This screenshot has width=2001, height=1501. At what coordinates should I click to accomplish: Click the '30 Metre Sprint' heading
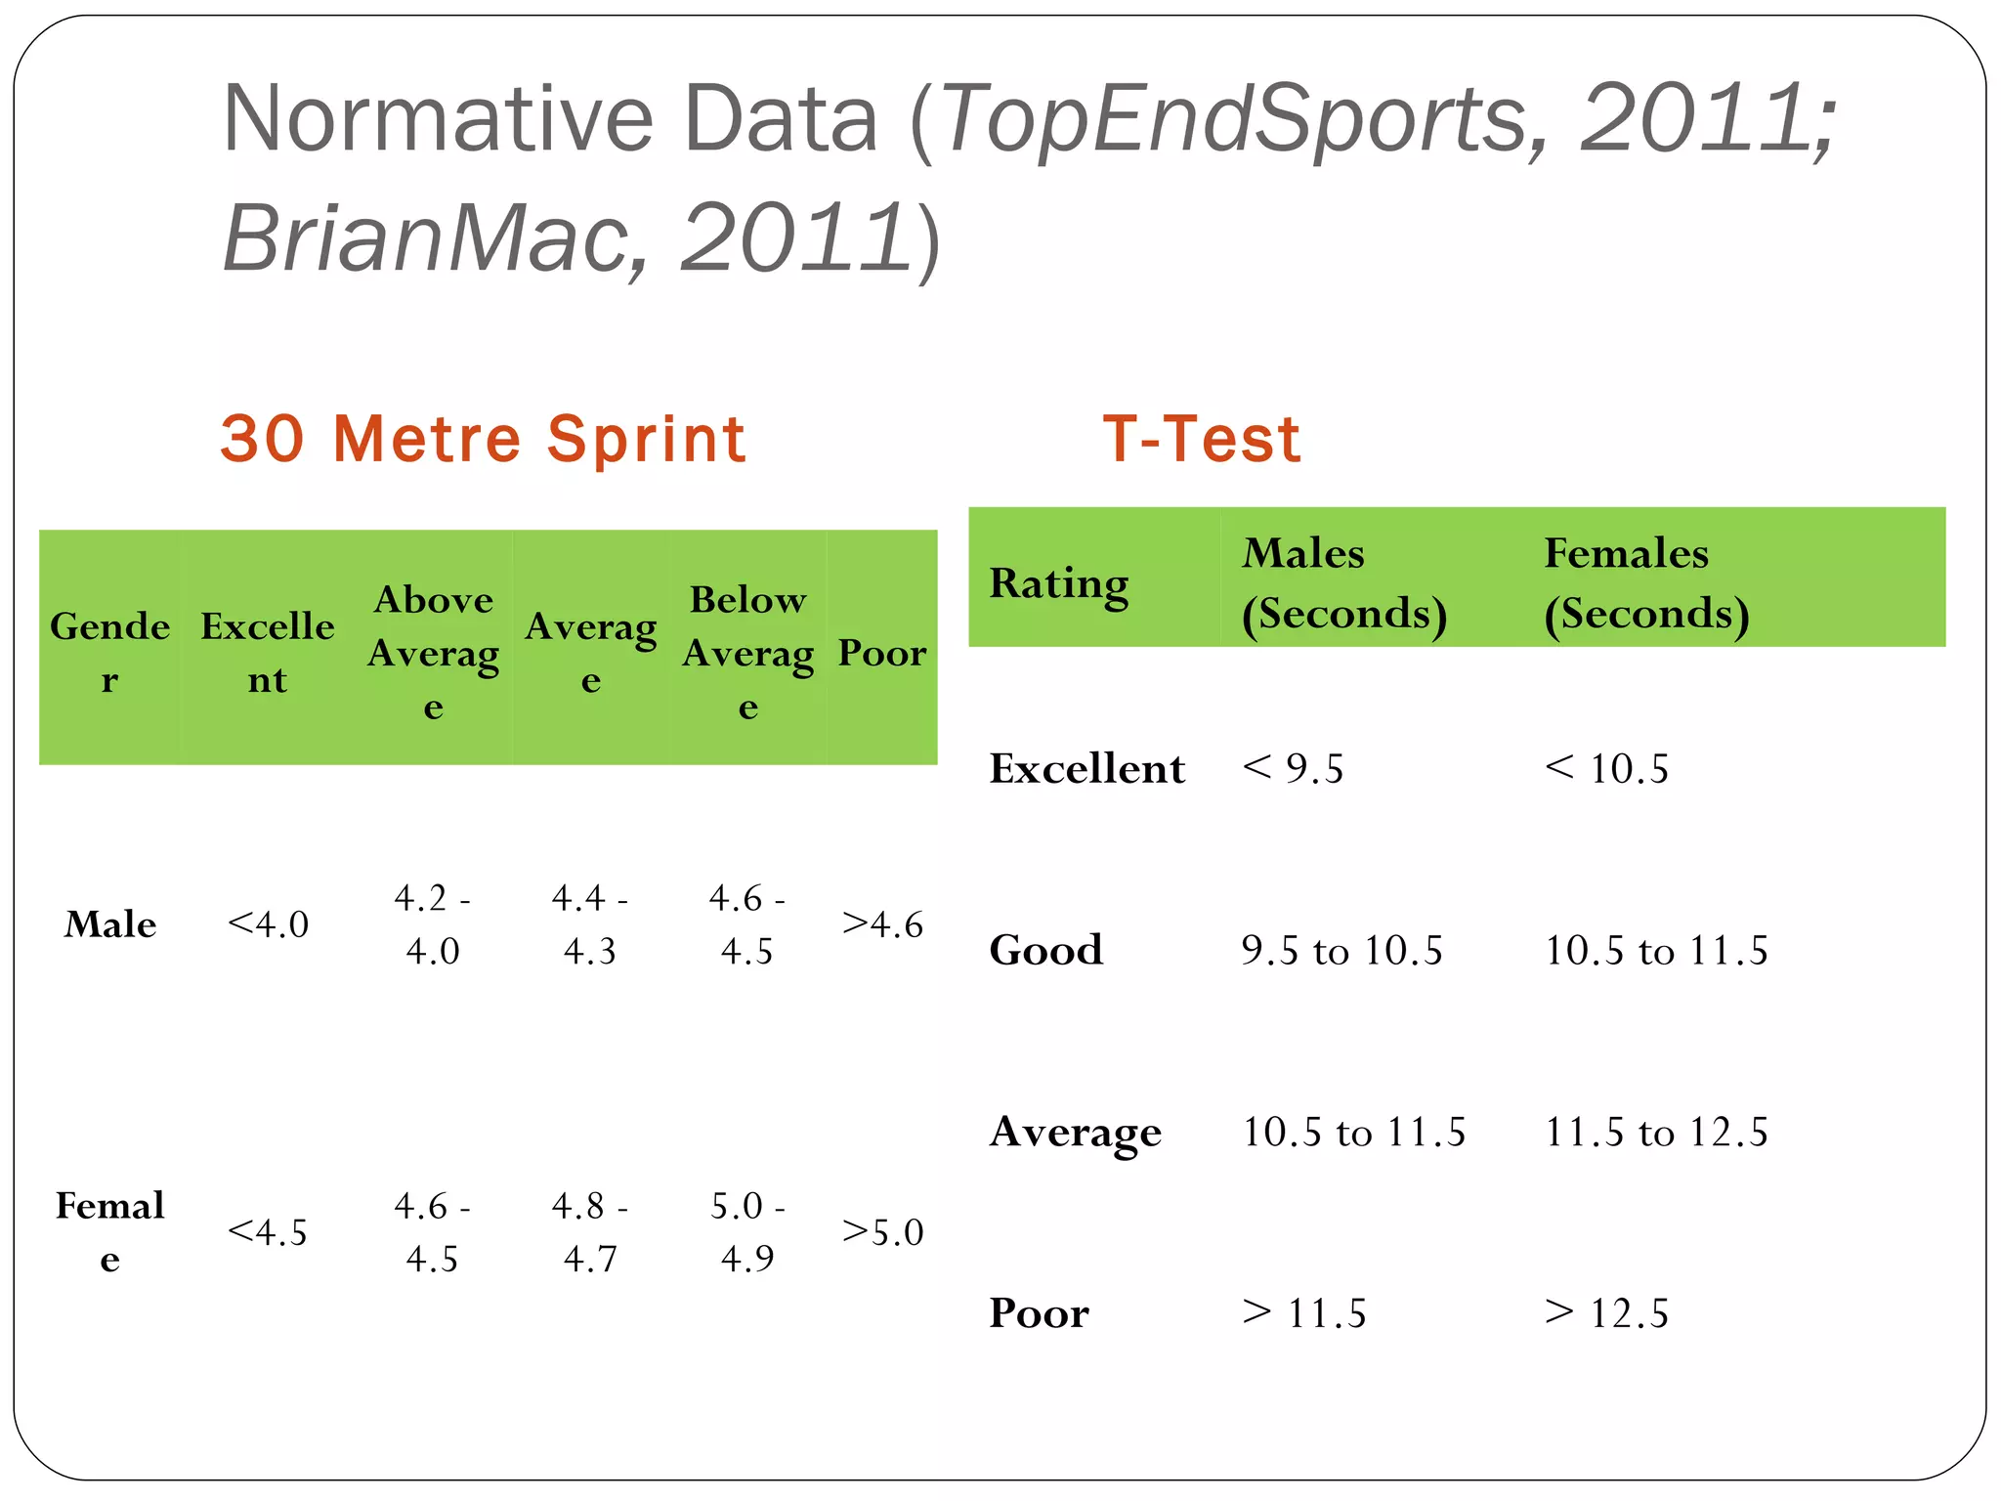pos(483,439)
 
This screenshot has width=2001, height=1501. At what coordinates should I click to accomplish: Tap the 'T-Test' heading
pos(1201,439)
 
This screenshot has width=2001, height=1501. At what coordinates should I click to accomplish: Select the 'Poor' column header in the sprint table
pos(881,653)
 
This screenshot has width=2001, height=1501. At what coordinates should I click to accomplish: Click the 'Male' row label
pos(110,924)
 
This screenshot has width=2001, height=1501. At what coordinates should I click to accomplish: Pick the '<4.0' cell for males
pos(268,924)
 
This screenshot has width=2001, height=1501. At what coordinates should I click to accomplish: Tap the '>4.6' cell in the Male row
pos(881,924)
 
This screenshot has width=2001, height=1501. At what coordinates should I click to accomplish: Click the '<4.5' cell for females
pos(268,1232)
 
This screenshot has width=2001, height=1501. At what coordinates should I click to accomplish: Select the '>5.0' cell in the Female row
pos(881,1232)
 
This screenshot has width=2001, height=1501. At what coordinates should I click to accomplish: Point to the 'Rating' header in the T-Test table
pos(1059,583)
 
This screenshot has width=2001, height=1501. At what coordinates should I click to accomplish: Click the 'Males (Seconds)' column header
pos(1343,583)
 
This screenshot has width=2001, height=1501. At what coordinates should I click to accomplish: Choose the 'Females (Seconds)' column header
pos(1645,583)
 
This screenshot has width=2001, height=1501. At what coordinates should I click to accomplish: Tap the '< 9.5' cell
pos(1293,769)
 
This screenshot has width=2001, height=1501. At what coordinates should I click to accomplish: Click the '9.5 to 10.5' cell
pos(1341,951)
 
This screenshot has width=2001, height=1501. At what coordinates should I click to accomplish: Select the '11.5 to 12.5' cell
pos(1655,1133)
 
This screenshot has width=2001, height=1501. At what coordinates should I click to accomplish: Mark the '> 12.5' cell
pos(1606,1313)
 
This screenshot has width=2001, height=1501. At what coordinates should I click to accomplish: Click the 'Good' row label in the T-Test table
pos(1045,951)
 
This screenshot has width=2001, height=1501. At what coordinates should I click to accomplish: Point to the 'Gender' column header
pos(109,652)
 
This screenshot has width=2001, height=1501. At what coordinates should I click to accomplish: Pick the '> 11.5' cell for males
pos(1303,1313)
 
